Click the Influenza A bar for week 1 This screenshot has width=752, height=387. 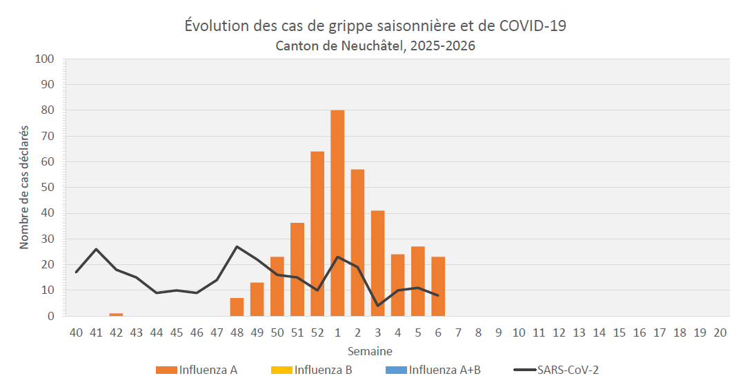tap(337, 213)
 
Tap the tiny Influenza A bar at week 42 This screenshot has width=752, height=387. tap(116, 315)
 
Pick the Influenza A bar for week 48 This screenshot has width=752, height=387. tap(237, 307)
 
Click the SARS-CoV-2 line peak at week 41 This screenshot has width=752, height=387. tap(96, 249)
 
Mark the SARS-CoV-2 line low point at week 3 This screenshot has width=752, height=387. tap(377, 306)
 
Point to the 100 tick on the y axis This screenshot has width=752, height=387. tap(44, 59)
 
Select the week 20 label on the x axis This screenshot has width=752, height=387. tap(720, 333)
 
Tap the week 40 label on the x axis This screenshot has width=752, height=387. tap(76, 333)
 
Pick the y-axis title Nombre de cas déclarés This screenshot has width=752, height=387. tap(24, 188)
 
